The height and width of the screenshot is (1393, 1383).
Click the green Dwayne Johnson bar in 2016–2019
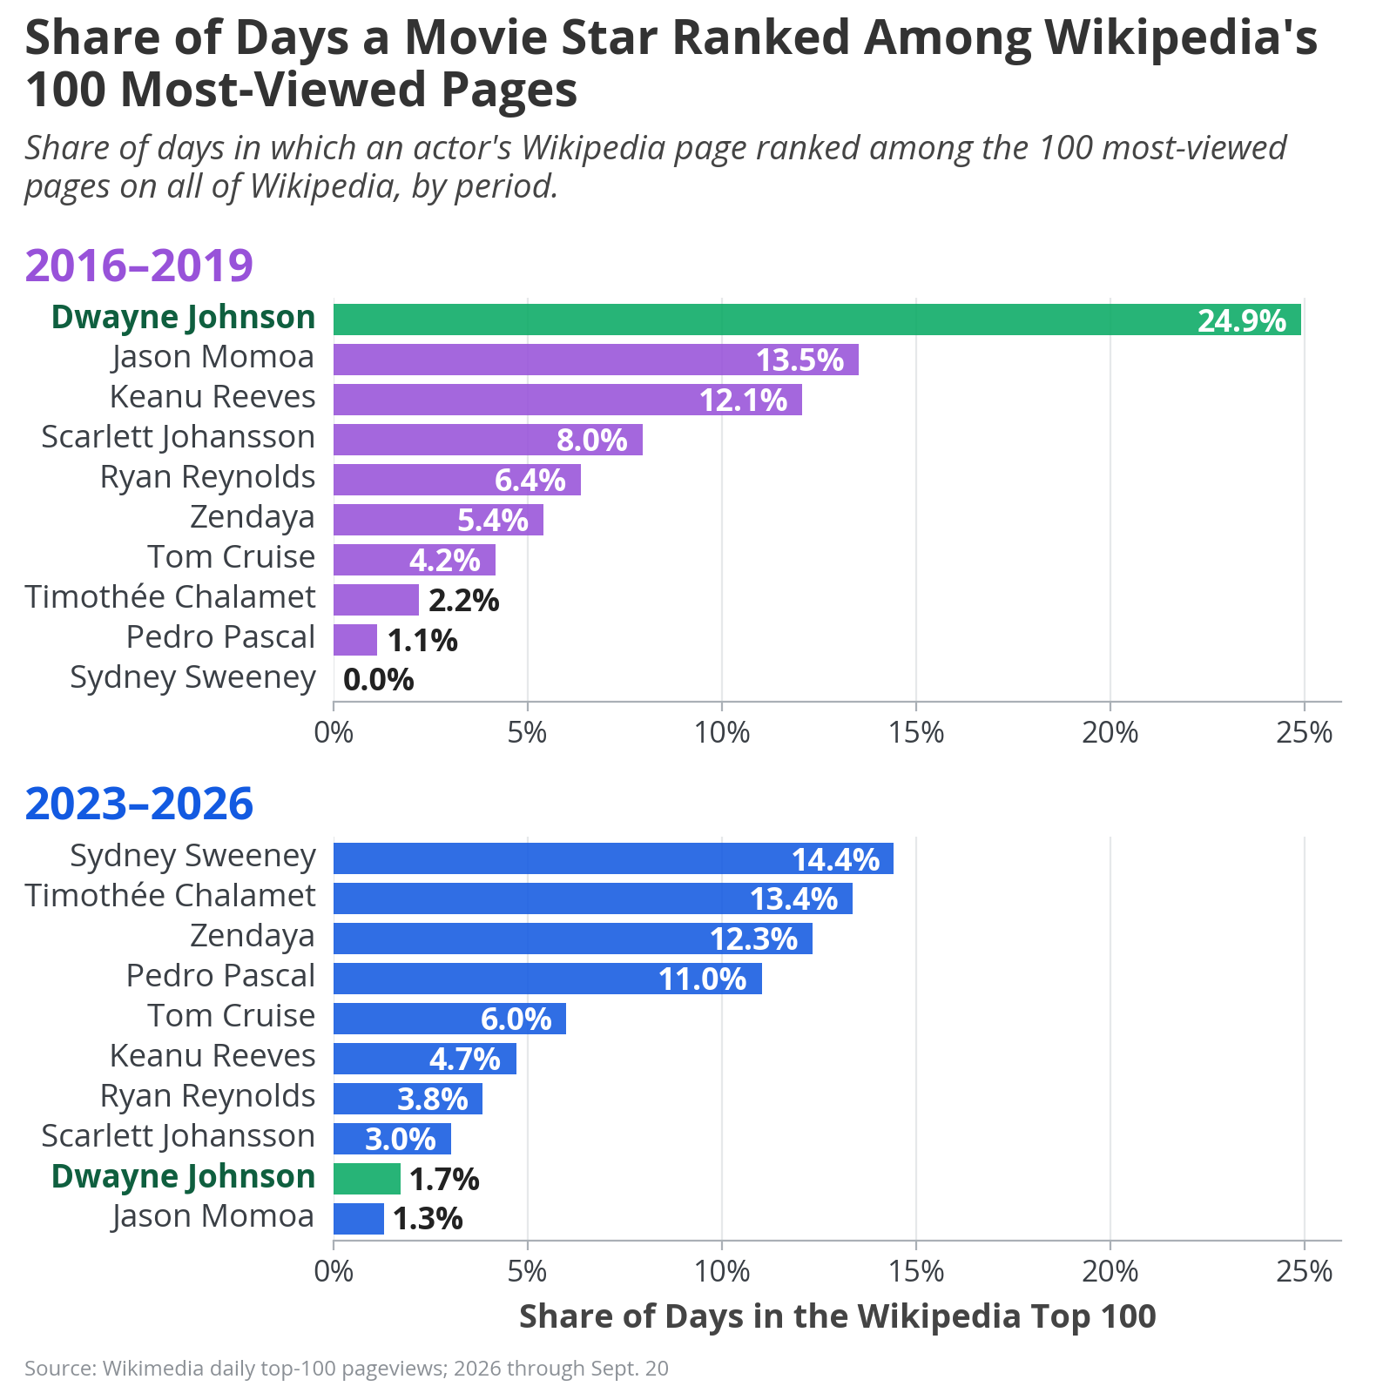click(817, 320)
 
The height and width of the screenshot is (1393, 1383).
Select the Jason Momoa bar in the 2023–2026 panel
click(359, 1219)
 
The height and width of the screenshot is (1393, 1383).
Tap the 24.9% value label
click(1242, 321)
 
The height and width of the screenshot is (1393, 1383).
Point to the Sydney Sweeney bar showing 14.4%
click(613, 858)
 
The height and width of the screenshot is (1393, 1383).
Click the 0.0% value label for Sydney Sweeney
click(379, 680)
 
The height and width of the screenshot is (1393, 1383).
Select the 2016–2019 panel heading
click(139, 265)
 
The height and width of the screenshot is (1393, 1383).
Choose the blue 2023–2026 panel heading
click(139, 804)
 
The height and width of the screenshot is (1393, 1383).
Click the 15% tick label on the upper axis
click(916, 732)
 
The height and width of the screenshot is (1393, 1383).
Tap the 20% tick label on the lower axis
click(1110, 1272)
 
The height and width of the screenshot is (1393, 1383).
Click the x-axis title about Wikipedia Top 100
click(838, 1316)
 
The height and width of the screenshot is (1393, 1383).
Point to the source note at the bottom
click(347, 1369)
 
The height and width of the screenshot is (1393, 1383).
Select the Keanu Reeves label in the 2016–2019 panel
click(213, 397)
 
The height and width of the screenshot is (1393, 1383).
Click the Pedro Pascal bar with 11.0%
click(548, 979)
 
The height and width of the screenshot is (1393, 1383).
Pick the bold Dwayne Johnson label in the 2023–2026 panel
click(183, 1176)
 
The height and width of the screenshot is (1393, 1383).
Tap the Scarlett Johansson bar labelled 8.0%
click(488, 440)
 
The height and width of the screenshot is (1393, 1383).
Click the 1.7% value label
click(444, 1180)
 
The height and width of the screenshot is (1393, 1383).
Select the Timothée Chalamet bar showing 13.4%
click(593, 898)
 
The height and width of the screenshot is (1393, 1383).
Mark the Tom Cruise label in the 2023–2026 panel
click(231, 1016)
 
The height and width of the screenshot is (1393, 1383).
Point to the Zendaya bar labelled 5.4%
click(438, 520)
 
